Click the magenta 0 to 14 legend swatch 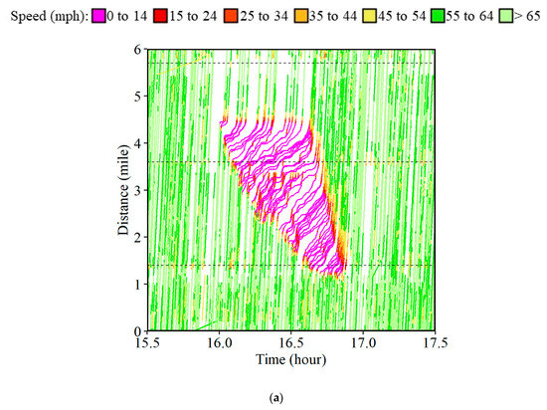coord(98,16)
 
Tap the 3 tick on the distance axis coord(138,190)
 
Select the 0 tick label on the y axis coord(138,330)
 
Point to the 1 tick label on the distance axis coord(138,284)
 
